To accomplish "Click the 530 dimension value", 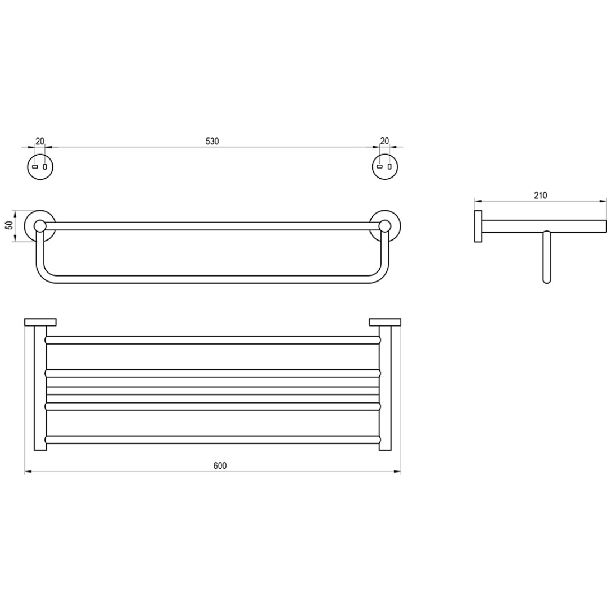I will pos(212,141).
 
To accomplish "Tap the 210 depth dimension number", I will pos(540,196).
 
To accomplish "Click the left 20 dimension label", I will pos(39,141).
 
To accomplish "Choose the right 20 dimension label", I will pos(384,141).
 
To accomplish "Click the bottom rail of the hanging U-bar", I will pos(212,279).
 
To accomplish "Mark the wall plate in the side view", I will pos(478,227).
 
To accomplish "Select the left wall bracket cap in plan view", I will pos(40,322).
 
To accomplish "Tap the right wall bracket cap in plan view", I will pos(385,322).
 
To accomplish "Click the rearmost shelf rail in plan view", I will pos(212,339).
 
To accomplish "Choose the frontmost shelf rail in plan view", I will pos(212,439).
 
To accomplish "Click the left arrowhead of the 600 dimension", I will pos(27,472).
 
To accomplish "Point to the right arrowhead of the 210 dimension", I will pos(604,201).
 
